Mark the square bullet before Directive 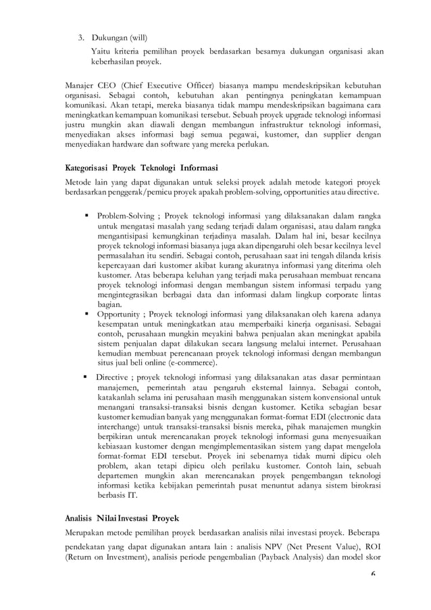point(84,377)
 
